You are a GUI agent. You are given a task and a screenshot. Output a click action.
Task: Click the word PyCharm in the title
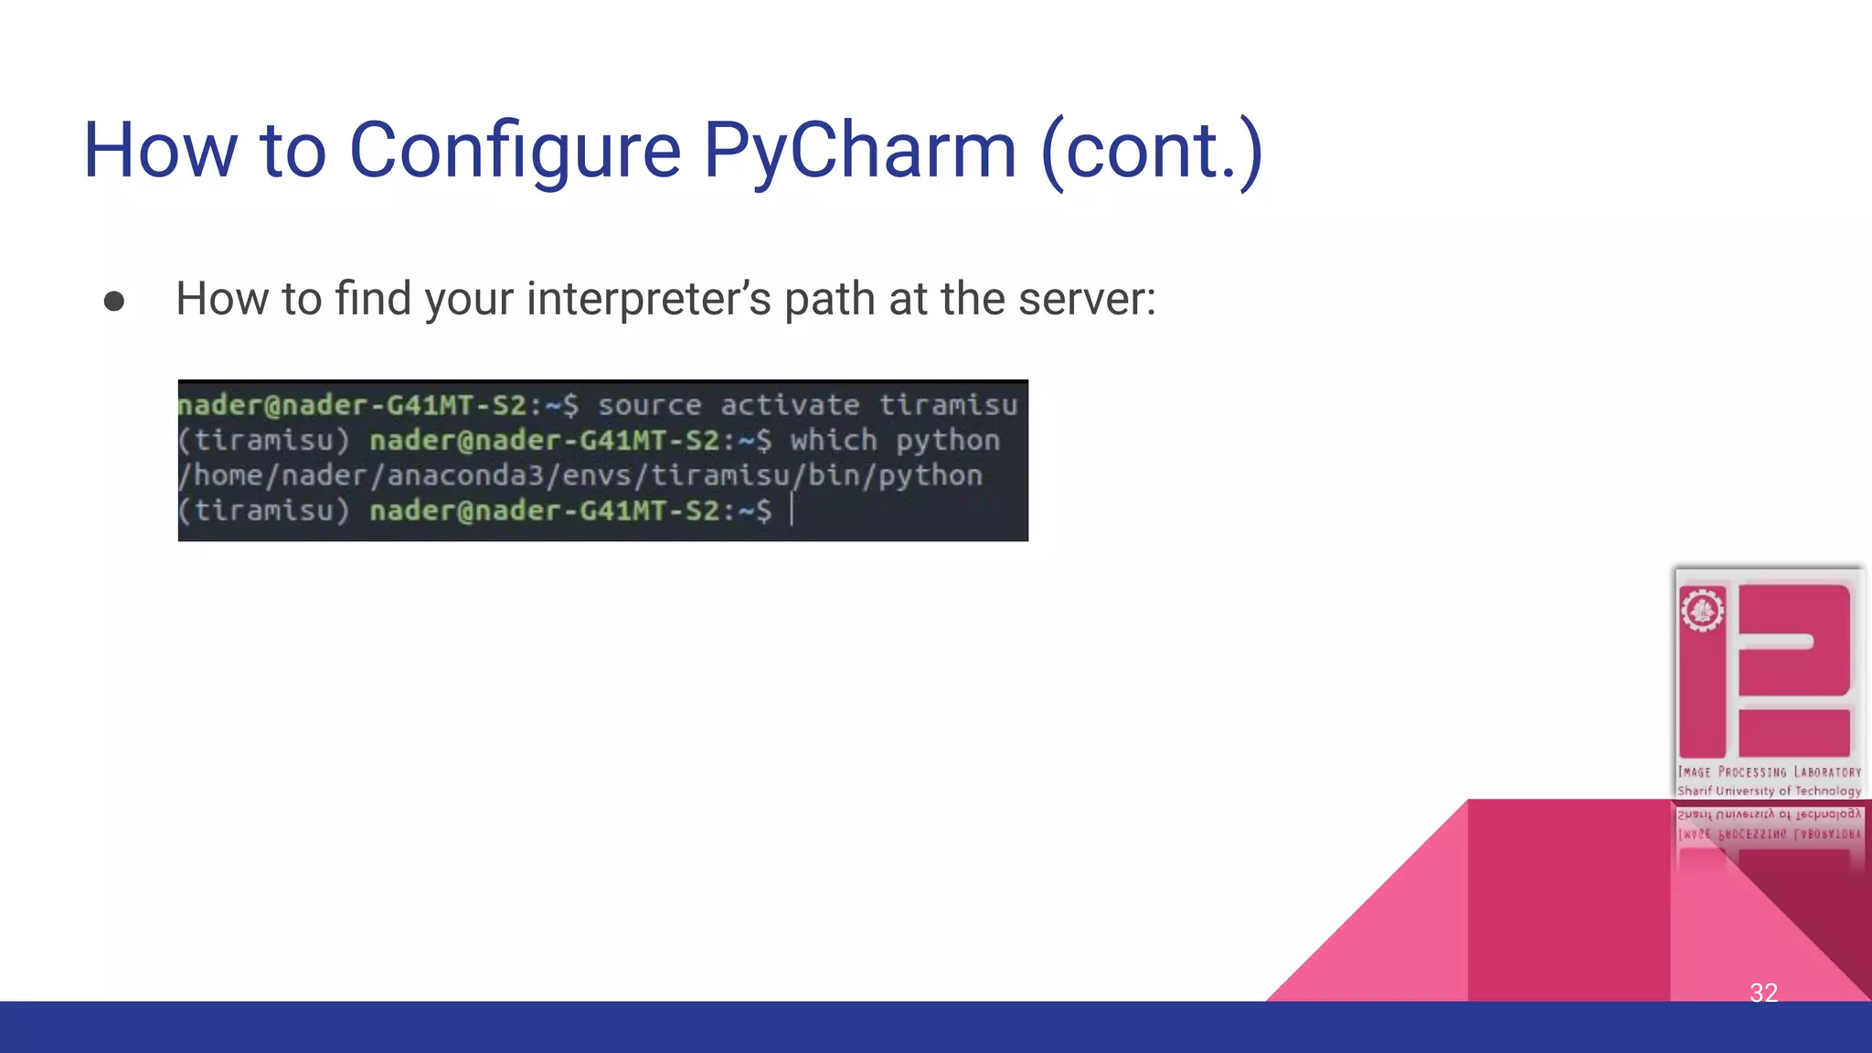(859, 151)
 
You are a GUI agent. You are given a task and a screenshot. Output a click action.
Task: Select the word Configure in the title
(515, 151)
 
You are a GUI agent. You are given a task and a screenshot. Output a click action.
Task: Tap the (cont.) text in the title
(1152, 151)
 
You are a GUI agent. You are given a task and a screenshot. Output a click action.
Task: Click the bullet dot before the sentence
(114, 302)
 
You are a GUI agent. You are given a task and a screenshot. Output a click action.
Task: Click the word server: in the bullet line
(1087, 300)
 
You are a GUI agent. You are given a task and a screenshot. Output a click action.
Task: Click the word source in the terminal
(650, 405)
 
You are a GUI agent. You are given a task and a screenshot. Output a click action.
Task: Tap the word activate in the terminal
(790, 405)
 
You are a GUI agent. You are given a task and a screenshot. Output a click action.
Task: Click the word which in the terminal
(834, 441)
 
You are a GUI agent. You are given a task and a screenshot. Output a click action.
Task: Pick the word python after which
(948, 441)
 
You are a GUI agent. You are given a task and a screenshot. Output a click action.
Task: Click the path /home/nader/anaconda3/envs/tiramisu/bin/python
(580, 475)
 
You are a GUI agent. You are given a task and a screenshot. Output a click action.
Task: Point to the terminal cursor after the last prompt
(792, 510)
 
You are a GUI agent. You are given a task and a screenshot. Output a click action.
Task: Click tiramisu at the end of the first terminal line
(948, 405)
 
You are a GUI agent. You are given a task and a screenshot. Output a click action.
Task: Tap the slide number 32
(1763, 993)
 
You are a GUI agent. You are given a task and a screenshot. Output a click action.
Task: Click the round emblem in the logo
(1702, 611)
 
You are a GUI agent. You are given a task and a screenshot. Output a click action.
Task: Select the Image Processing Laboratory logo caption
(1769, 772)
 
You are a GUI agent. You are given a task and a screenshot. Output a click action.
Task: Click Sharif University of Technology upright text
(1769, 791)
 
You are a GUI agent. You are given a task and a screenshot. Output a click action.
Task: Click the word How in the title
(160, 151)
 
